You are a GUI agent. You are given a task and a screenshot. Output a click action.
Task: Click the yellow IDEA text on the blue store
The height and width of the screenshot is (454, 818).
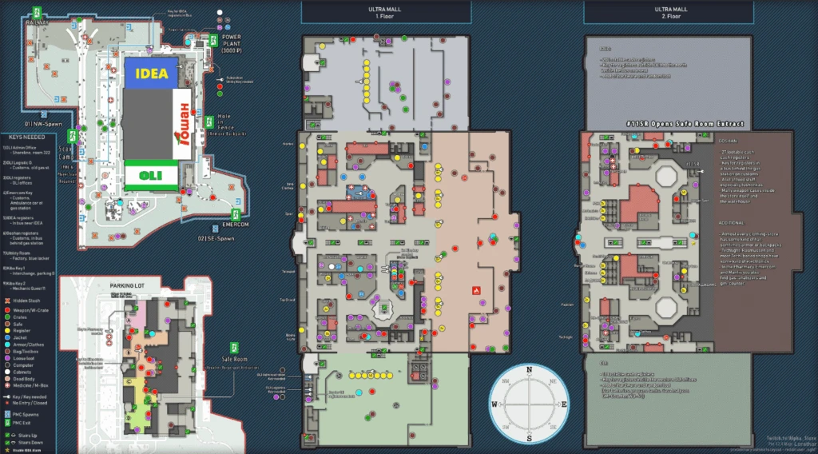tap(152, 74)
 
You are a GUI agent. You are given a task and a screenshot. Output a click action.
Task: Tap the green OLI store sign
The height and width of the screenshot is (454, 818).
tap(150, 175)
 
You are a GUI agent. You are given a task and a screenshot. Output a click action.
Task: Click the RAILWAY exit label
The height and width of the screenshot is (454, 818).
tap(37, 23)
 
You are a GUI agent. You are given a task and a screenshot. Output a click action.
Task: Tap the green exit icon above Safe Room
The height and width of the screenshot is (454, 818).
tap(236, 348)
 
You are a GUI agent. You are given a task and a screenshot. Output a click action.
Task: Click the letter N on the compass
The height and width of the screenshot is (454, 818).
tap(529, 370)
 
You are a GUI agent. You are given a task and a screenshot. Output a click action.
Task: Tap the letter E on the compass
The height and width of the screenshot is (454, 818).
tap(565, 404)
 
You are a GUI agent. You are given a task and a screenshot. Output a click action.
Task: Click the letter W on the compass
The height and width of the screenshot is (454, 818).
tap(494, 404)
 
